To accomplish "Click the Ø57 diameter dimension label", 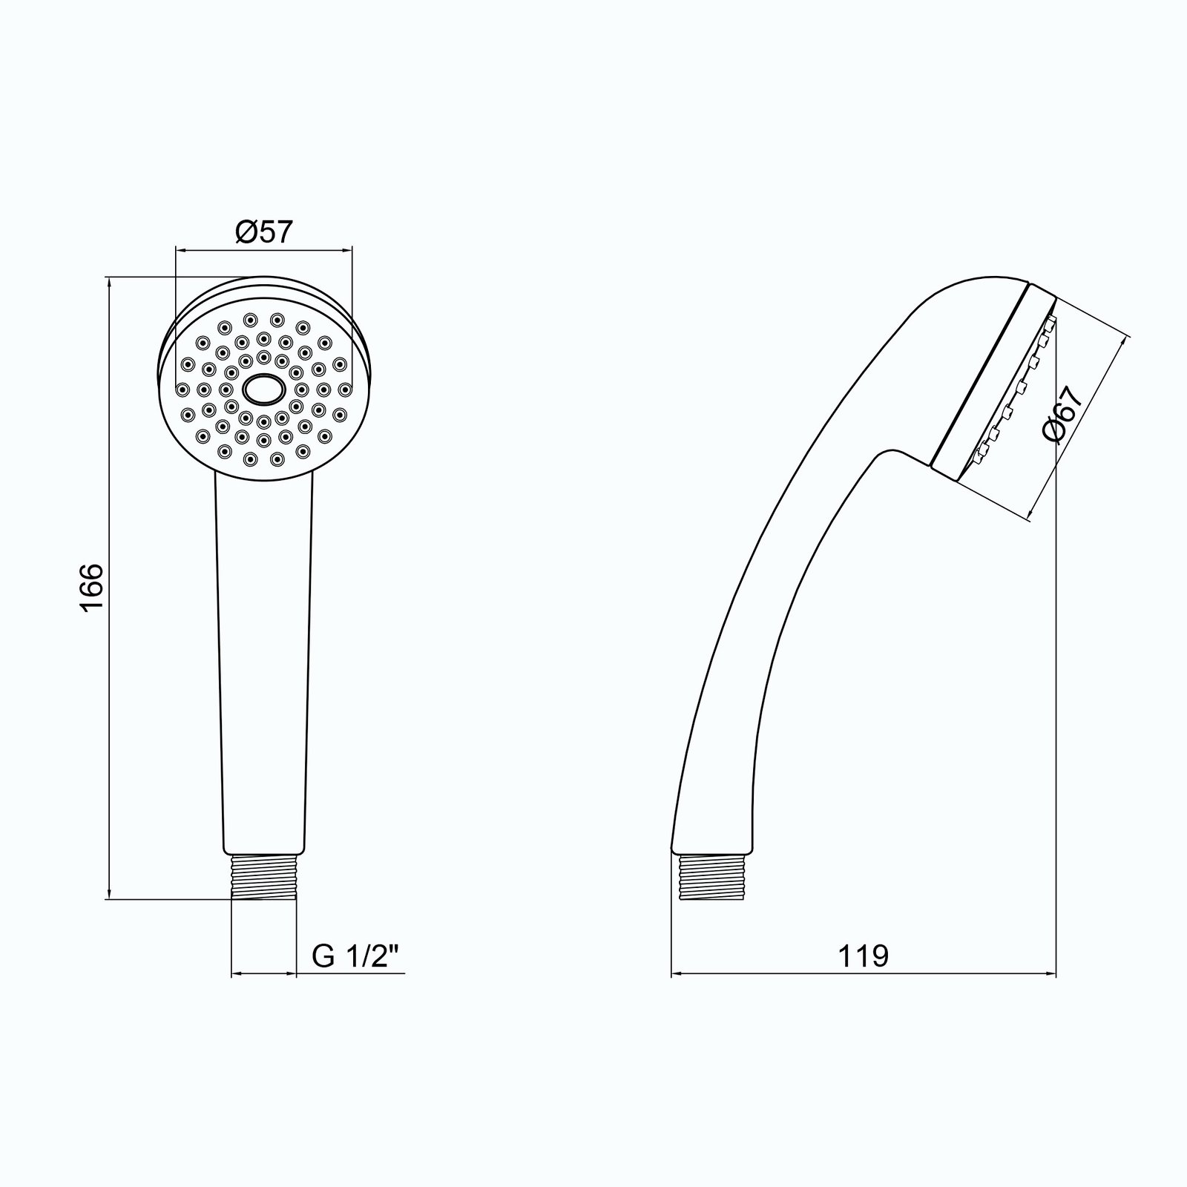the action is [265, 232].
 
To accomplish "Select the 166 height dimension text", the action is [91, 588].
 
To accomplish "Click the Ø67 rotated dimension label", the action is [1063, 415].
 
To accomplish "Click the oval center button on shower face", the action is [263, 389].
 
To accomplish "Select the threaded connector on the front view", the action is [264, 877].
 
